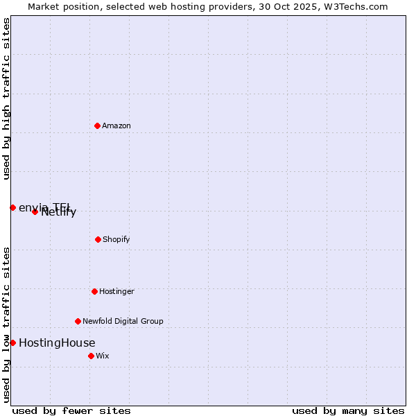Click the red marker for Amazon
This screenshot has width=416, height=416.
coord(97,125)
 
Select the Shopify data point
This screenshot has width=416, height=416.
coord(98,239)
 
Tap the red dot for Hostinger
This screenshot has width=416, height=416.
coord(94,291)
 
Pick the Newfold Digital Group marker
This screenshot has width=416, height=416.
coord(78,321)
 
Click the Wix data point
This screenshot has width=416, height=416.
coord(91,356)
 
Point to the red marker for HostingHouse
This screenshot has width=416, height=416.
coord(12,343)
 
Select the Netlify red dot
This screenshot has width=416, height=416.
coord(35,211)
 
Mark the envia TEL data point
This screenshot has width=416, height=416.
coord(12,207)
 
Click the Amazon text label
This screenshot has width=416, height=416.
coord(116,125)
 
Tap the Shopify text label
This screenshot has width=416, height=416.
coord(116,239)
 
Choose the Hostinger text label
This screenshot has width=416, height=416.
coord(116,291)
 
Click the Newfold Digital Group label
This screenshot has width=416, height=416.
coord(123,321)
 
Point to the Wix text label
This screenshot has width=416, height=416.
coord(103,356)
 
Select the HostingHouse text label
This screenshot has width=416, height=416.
coord(57,343)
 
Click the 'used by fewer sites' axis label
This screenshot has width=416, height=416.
coord(71,410)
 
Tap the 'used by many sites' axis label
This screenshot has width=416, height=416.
coord(348,410)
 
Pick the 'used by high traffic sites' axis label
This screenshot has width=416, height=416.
coord(6,98)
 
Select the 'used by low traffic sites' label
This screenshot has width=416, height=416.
coord(6,324)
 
